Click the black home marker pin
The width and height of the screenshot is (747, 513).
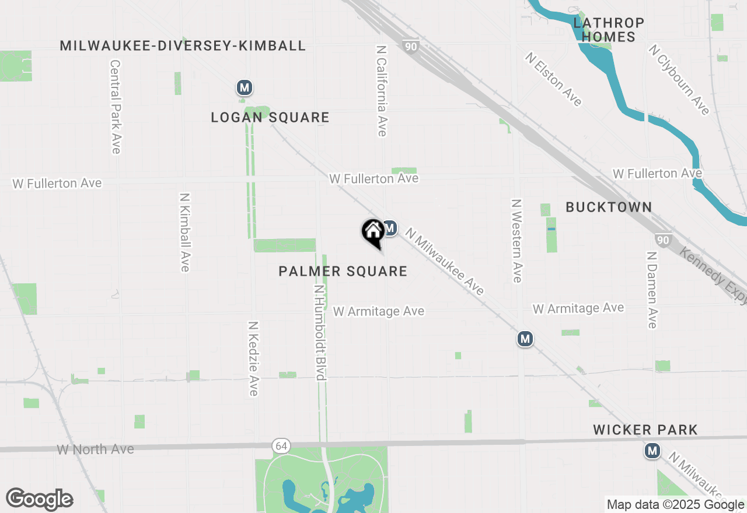(373, 232)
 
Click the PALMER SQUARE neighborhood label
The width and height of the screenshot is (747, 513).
(343, 271)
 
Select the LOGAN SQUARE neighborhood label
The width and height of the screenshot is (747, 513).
(270, 118)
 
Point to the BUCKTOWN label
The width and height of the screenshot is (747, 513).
(609, 207)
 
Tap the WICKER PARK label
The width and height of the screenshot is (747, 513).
(645, 430)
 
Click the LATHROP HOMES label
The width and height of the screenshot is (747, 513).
(609, 30)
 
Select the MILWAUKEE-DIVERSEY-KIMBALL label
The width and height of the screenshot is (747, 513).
(183, 45)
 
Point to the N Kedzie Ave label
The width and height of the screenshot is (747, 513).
(253, 359)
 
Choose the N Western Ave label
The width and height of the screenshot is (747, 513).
(516, 241)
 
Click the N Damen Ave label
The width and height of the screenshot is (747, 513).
(652, 290)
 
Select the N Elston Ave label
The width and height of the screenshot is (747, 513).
(553, 79)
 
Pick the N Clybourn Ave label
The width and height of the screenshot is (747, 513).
(679, 79)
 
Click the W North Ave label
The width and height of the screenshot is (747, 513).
(96, 449)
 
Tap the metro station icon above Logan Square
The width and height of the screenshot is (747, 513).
(244, 88)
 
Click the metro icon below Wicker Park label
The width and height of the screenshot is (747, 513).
(652, 451)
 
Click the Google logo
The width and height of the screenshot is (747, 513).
(39, 500)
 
